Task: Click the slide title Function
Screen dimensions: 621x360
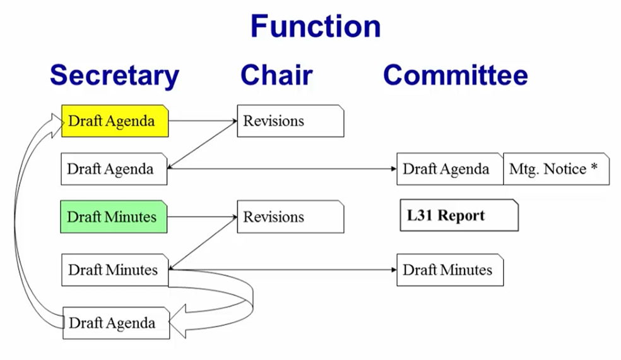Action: pyautogui.click(x=316, y=26)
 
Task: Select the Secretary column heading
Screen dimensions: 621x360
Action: pyautogui.click(x=114, y=75)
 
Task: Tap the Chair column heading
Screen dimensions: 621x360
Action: pyautogui.click(x=276, y=75)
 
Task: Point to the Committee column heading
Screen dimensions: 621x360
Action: pyautogui.click(x=456, y=75)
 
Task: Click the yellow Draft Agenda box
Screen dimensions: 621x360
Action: pyautogui.click(x=115, y=121)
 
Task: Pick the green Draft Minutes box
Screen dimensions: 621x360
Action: pyautogui.click(x=114, y=217)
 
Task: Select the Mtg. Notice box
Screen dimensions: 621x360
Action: pyautogui.click(x=557, y=169)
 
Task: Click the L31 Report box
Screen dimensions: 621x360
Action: pyautogui.click(x=459, y=215)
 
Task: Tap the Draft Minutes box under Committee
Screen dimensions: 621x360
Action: pyautogui.click(x=451, y=270)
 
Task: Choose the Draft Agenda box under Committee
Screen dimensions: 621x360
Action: pyautogui.click(x=450, y=169)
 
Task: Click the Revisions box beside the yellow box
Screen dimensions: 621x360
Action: pyautogui.click(x=291, y=121)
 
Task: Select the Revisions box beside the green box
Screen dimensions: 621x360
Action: pyautogui.click(x=291, y=217)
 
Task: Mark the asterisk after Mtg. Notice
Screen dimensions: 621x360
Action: pyautogui.click(x=594, y=167)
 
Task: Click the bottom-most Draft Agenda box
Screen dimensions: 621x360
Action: pyautogui.click(x=116, y=323)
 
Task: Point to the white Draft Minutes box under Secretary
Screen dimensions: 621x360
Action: pyautogui.click(x=115, y=270)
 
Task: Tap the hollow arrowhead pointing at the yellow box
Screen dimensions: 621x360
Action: pyautogui.click(x=57, y=125)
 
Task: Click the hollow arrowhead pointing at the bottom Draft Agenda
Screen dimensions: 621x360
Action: pyautogui.click(x=177, y=321)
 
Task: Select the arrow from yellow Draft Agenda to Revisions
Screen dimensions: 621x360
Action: pyautogui.click(x=203, y=121)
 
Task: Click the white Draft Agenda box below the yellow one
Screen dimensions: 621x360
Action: pyautogui.click(x=114, y=169)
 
